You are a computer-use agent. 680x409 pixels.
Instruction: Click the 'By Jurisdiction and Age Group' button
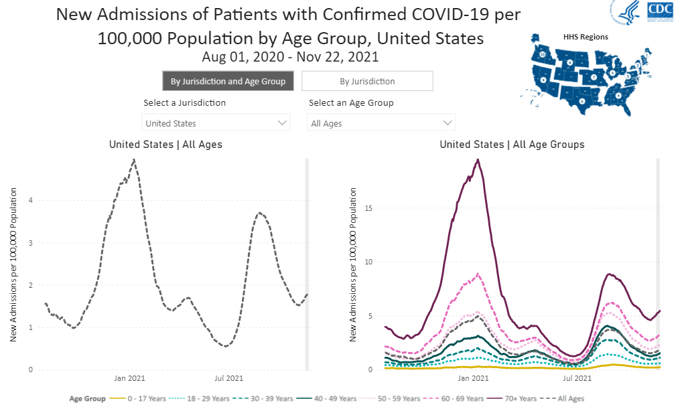pos(228,81)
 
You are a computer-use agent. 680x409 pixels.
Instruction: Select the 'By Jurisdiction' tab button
pos(367,81)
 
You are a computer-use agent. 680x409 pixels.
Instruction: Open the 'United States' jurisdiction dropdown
pos(216,123)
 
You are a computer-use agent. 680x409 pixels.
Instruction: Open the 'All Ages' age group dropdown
pos(382,123)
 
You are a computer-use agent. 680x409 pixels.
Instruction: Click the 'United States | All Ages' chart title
pos(165,144)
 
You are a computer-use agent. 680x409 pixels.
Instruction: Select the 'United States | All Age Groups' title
pos(512,144)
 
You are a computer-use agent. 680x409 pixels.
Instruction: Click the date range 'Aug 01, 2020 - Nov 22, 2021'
pos(290,57)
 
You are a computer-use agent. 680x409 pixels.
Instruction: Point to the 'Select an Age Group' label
pos(351,103)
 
